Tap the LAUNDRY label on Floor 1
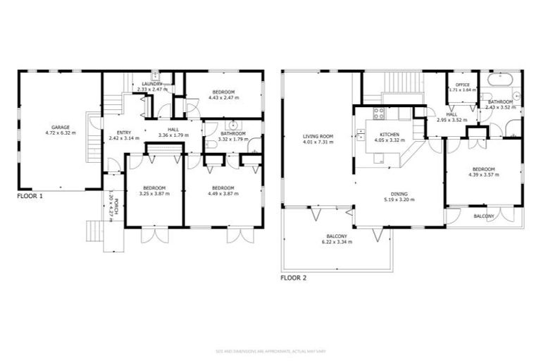(150, 84)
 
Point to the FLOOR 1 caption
(30, 196)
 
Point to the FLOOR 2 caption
(294, 278)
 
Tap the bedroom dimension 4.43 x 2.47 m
(223, 98)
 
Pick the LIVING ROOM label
(318, 136)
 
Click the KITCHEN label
(390, 134)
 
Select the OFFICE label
(462, 85)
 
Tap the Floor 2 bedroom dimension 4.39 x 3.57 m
(483, 175)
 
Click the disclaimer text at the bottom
(270, 350)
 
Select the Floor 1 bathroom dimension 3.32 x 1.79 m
(232, 139)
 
